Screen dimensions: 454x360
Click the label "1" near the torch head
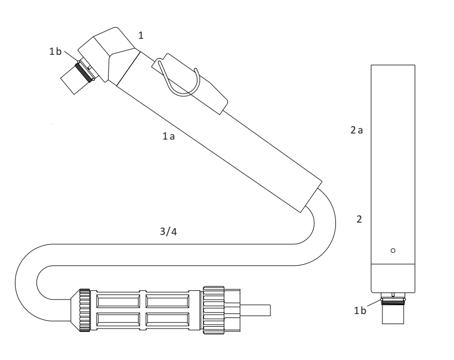click(141, 35)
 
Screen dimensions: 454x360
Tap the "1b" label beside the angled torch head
click(55, 51)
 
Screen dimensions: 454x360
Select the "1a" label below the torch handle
click(169, 136)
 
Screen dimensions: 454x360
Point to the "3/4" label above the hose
click(168, 232)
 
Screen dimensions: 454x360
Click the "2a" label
click(356, 130)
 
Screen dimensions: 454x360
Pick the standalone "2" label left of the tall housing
click(359, 219)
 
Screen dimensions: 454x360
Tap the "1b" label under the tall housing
click(360, 311)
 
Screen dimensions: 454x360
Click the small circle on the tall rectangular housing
click(393, 250)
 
